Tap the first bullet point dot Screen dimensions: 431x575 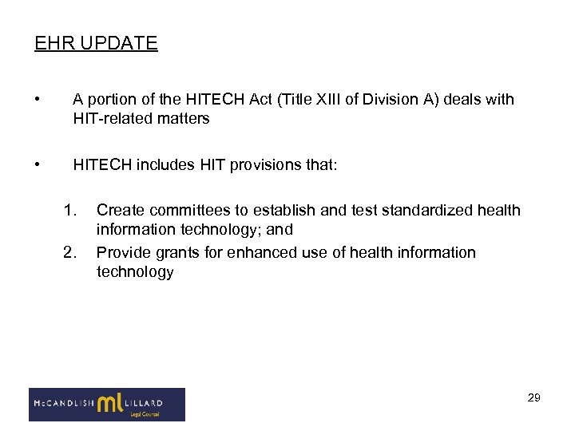pyautogui.click(x=38, y=100)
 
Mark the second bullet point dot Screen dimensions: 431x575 pyautogui.click(x=38, y=165)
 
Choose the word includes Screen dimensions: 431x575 pyautogui.click(x=163, y=165)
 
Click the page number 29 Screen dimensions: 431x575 pyautogui.click(x=533, y=397)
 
